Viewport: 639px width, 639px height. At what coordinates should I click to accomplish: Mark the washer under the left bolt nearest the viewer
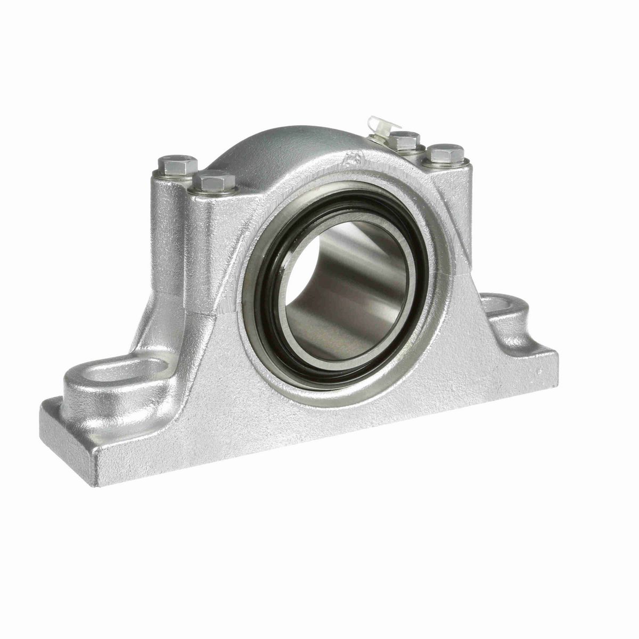click(214, 191)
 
